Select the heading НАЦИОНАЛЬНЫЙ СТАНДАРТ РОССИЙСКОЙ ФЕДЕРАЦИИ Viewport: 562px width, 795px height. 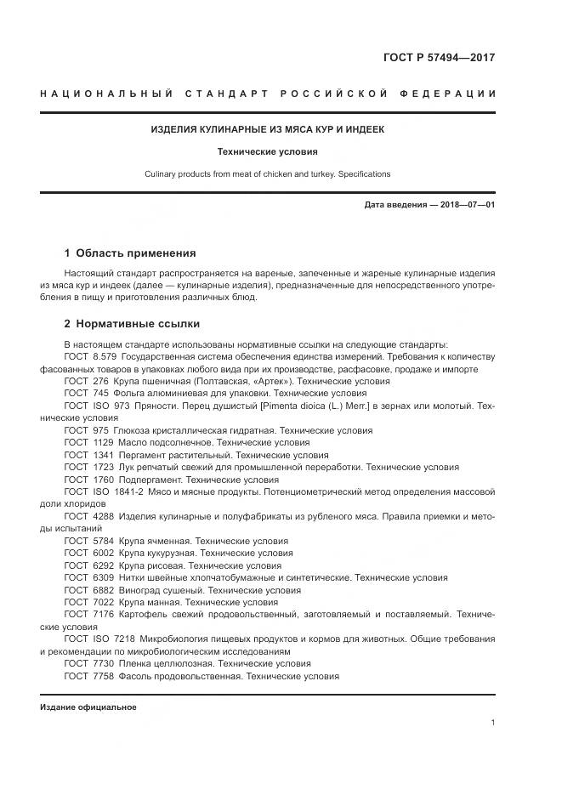(x=268, y=93)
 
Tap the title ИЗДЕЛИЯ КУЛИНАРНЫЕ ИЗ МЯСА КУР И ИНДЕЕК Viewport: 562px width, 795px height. (x=268, y=130)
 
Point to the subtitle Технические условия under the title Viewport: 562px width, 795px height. (x=268, y=152)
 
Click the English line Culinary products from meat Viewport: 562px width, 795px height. (x=268, y=173)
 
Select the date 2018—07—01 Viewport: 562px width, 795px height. (x=466, y=206)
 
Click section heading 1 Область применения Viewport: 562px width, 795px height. (x=130, y=253)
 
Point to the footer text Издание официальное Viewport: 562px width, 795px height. (x=88, y=707)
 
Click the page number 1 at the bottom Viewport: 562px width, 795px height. (x=492, y=723)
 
